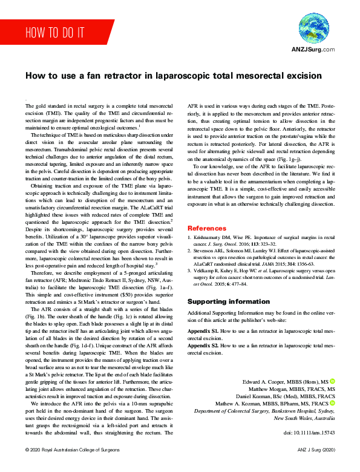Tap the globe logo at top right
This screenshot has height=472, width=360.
tap(314, 28)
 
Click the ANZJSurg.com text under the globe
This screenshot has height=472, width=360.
tap(313, 48)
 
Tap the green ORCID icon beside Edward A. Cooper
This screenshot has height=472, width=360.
tap(332, 381)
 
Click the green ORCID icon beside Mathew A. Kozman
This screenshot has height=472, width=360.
tap(332, 403)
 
